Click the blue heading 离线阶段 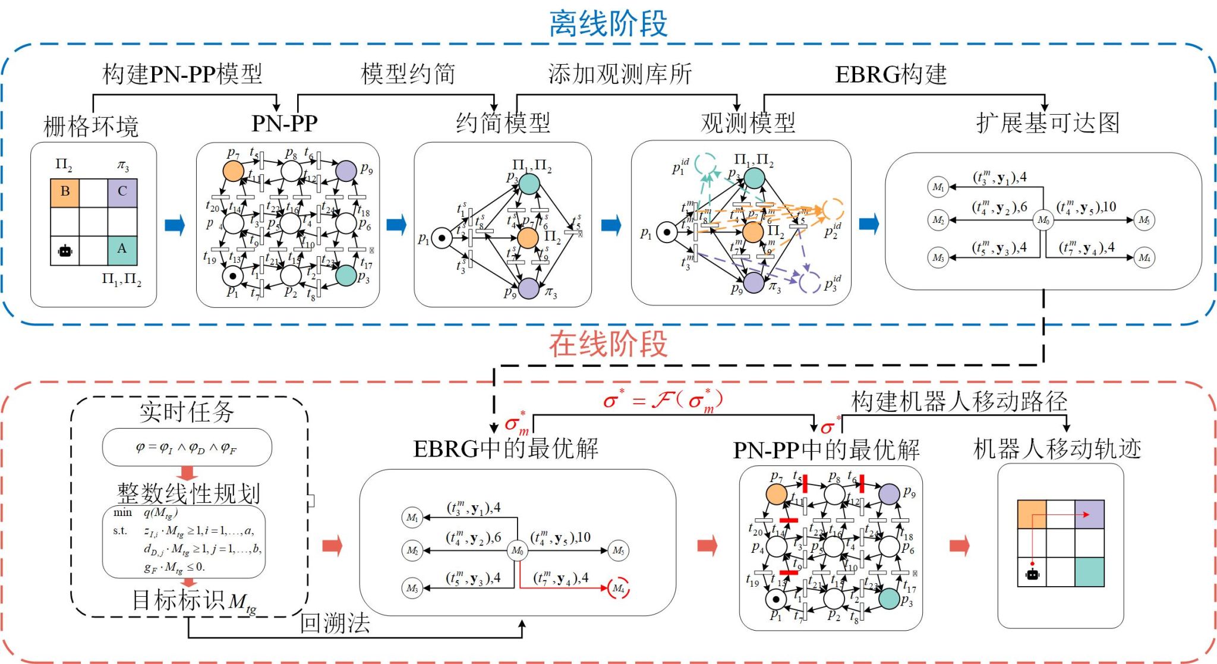[608, 25]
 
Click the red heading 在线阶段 [608, 345]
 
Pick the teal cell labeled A [122, 250]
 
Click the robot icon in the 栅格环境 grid [65, 250]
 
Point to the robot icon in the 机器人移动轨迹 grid [1032, 574]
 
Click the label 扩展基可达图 [1048, 123]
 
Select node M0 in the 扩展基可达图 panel [1043, 220]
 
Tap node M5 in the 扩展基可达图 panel [1144, 220]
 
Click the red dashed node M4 [619, 588]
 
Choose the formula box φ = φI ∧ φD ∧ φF [187, 447]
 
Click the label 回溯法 [335, 623]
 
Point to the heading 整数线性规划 [188, 493]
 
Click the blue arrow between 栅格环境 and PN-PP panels [175, 226]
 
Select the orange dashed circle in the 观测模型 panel [833, 209]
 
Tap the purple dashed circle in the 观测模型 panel [810, 282]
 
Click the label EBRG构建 [891, 74]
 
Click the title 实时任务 [187, 412]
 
